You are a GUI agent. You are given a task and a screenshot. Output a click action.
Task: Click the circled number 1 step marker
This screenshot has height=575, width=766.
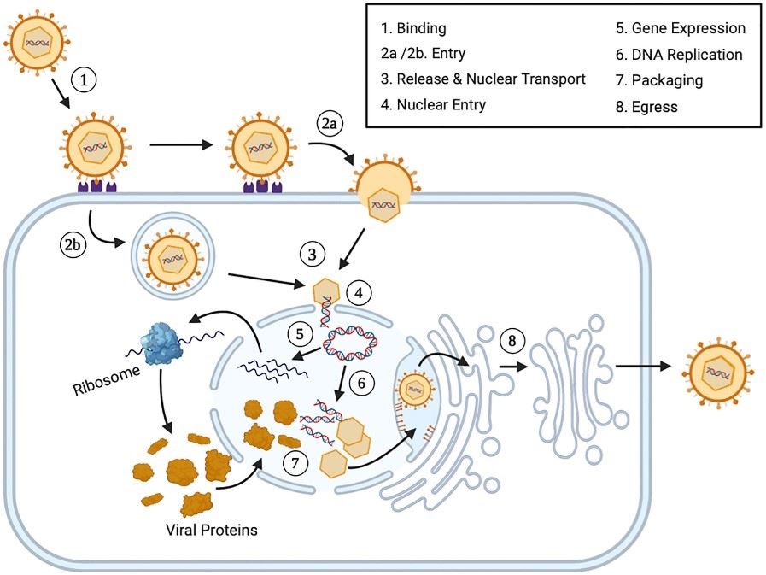83,81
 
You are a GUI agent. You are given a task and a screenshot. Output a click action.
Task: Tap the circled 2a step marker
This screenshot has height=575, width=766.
330,124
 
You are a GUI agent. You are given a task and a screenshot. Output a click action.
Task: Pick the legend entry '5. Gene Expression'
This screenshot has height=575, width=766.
680,28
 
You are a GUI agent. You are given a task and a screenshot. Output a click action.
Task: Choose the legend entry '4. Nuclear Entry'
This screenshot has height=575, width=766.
441,105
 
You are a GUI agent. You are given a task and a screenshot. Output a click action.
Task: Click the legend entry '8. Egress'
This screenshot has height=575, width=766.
646,106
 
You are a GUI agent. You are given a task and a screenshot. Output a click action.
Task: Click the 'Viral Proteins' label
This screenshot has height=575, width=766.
211,530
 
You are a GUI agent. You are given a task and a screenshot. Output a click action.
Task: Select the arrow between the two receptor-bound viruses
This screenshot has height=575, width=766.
180,144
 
